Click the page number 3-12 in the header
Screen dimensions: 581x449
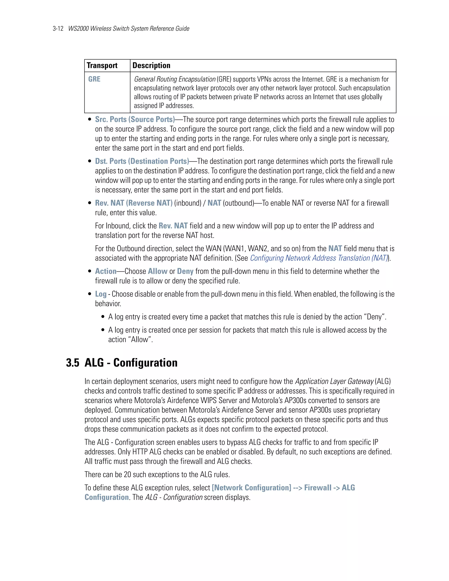click(58, 29)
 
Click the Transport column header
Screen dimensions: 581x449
click(102, 65)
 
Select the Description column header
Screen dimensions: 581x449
click(151, 65)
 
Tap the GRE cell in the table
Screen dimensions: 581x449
click(94, 79)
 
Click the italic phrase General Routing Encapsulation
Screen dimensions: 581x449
click(175, 79)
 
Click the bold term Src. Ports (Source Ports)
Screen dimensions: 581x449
click(135, 119)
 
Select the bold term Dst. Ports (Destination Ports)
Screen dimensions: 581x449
click(142, 161)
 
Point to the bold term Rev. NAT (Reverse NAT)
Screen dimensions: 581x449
click(134, 203)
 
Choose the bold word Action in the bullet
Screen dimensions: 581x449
click(106, 271)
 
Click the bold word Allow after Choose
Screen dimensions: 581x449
click(157, 271)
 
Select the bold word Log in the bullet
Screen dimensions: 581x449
click(101, 294)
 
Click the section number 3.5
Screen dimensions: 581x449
click(73, 363)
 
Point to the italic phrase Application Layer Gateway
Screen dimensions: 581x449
click(334, 381)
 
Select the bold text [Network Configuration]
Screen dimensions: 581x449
click(251, 488)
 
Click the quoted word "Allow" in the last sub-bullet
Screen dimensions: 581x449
click(140, 340)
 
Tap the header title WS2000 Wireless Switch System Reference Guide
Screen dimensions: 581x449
click(129, 29)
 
